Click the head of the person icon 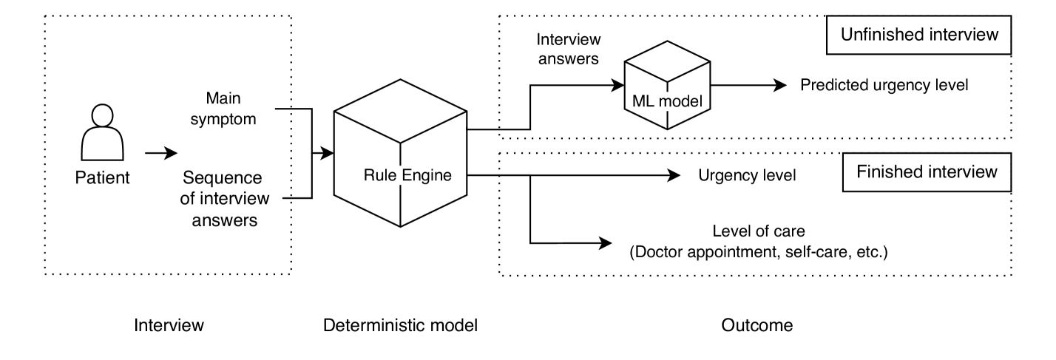pos(102,115)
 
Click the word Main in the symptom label pos(223,99)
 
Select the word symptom pos(223,118)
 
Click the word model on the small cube pos(680,101)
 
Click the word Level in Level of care pos(730,231)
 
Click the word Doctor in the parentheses pos(658,252)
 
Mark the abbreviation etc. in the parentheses pos(870,252)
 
